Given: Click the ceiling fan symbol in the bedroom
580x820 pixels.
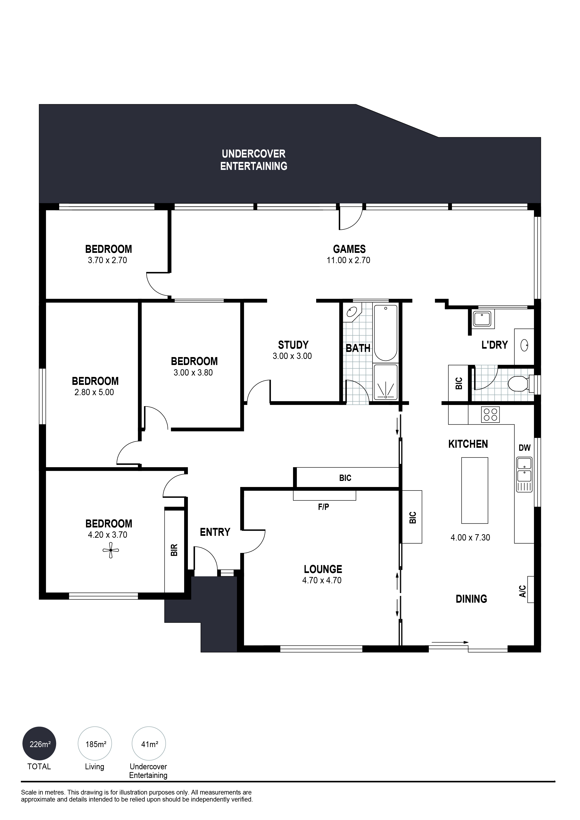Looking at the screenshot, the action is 111,550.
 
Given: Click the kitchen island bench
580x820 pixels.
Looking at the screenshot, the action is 475,490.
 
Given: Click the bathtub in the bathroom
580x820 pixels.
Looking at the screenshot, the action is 385,333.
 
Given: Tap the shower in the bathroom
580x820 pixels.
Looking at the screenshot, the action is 385,382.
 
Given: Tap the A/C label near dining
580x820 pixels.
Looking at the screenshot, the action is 523,591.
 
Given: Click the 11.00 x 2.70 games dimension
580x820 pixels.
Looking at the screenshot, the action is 348,260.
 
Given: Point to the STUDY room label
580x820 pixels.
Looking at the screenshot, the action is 293,345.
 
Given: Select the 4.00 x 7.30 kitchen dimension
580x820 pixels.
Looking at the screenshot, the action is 470,537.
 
